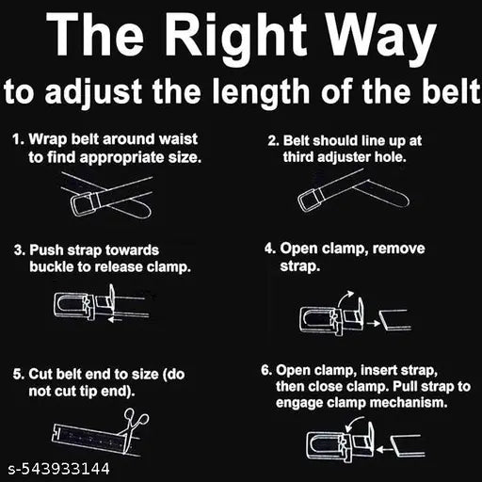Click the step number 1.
(18, 139)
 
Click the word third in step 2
(298, 157)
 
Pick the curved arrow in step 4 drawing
(345, 297)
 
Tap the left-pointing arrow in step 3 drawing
(115, 320)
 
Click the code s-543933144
(58, 469)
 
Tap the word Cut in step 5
(40, 374)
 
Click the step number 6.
(266, 370)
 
